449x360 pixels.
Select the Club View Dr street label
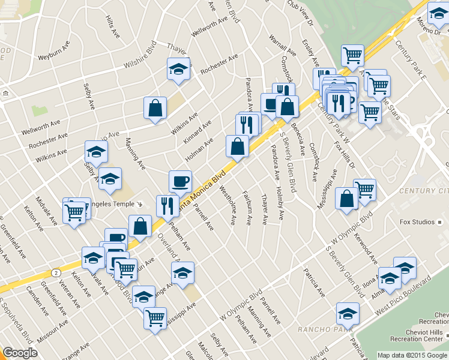tap(300, 14)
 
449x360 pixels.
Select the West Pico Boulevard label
tap(404, 296)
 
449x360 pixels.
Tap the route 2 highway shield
tap(55, 272)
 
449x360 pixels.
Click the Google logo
tap(20, 353)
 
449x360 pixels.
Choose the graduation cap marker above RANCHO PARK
tap(348, 313)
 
